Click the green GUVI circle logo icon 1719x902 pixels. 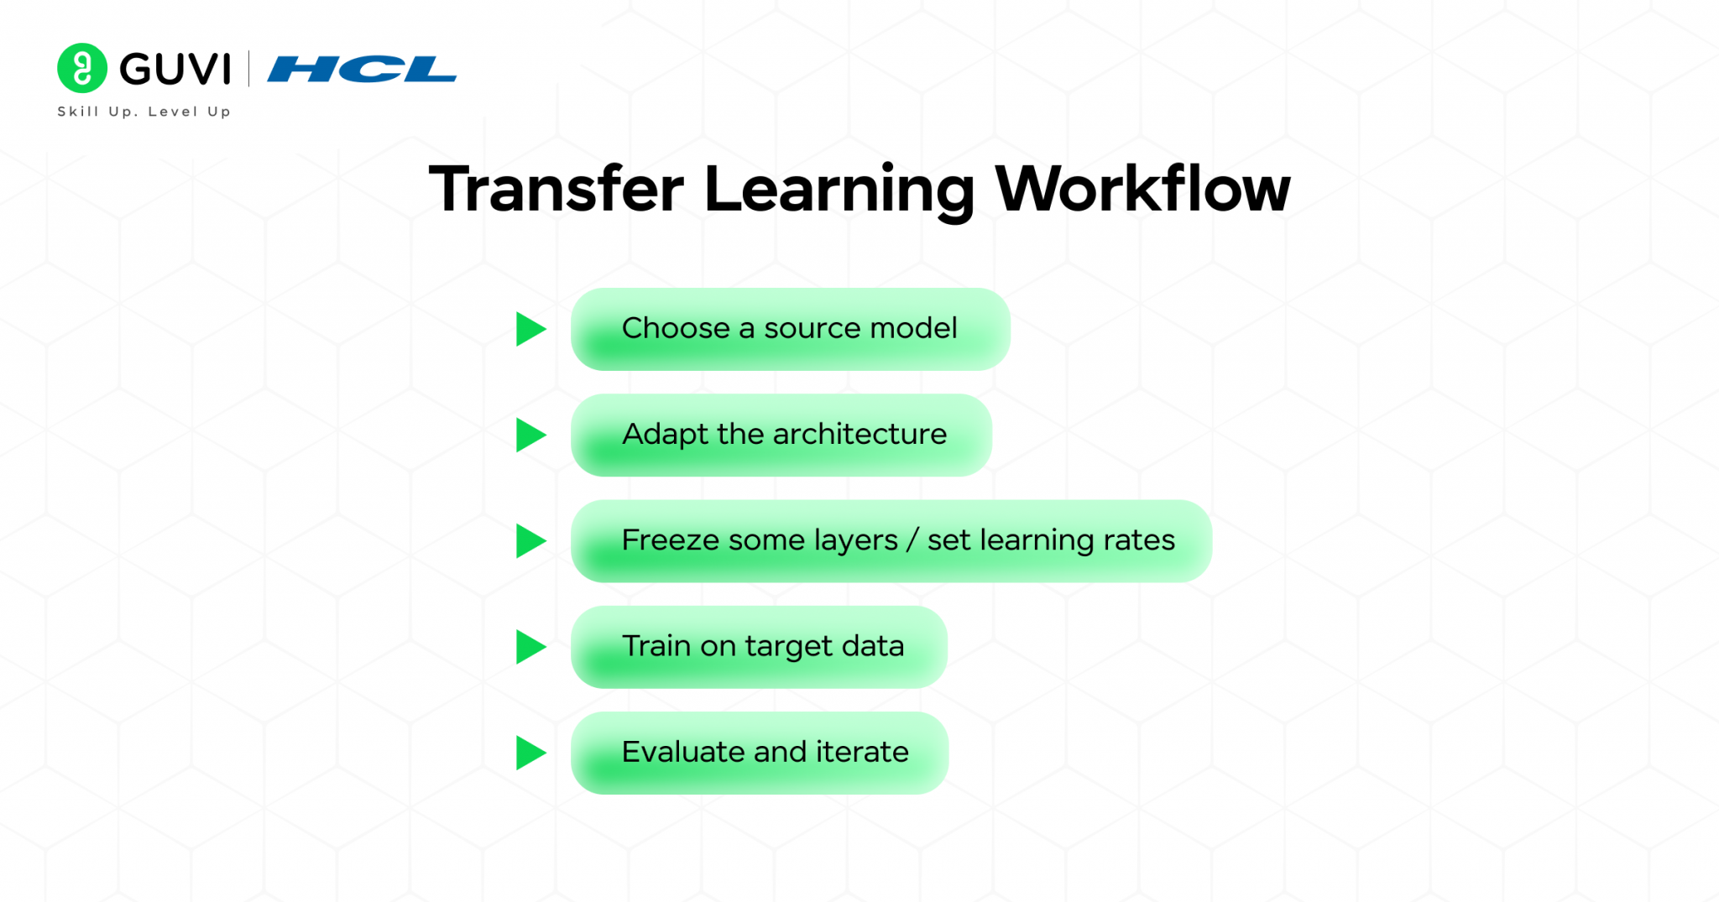(x=82, y=68)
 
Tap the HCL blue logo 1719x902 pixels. (x=362, y=69)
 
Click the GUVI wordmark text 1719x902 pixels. (x=175, y=69)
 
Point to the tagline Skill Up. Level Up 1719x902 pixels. (x=144, y=112)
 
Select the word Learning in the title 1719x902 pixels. (x=839, y=190)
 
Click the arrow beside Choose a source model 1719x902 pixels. (x=530, y=329)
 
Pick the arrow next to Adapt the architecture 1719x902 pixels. (x=530, y=435)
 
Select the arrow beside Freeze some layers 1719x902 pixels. (x=530, y=541)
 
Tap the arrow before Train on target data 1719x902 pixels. (x=530, y=647)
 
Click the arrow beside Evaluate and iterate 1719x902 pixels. (x=530, y=753)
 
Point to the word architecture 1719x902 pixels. (x=859, y=434)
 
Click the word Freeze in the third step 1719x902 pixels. (x=671, y=540)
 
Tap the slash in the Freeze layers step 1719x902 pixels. (x=912, y=540)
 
